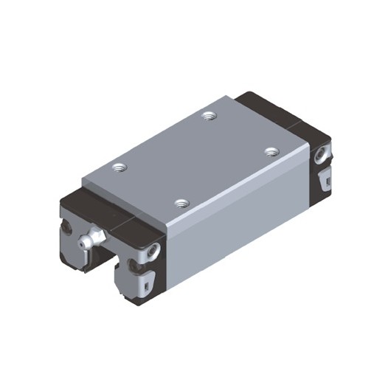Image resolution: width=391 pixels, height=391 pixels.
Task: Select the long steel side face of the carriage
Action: [x=236, y=221]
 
